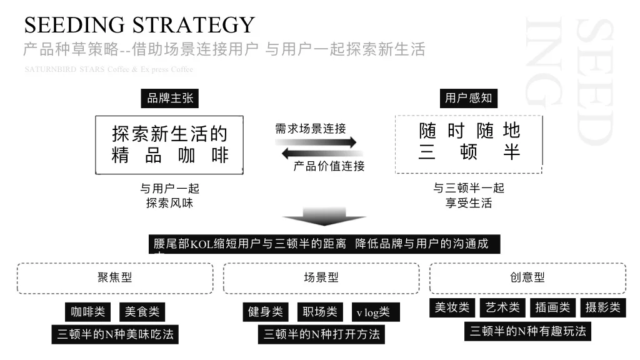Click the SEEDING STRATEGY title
click(x=139, y=25)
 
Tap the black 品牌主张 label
click(x=170, y=98)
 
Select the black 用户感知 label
click(x=468, y=98)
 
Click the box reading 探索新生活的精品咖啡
click(x=169, y=144)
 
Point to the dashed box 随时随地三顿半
click(x=469, y=144)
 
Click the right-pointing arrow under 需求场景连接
click(x=316, y=142)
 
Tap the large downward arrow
click(x=324, y=216)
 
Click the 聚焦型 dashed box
click(x=115, y=278)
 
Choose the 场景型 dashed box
click(x=321, y=278)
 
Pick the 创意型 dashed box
click(x=527, y=278)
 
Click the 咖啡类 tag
click(x=88, y=312)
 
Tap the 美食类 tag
click(x=142, y=312)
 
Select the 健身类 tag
click(x=265, y=312)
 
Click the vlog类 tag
click(x=373, y=312)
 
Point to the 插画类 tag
click(x=553, y=307)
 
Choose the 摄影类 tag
click(x=603, y=307)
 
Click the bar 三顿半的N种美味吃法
click(x=115, y=334)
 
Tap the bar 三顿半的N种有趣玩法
click(x=528, y=331)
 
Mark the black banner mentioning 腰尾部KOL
click(x=327, y=244)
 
